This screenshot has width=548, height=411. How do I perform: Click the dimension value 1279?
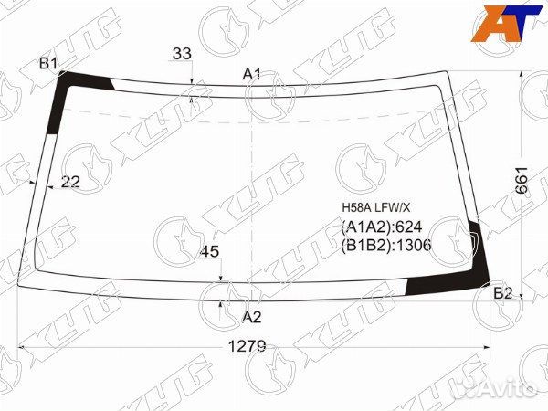[247, 346]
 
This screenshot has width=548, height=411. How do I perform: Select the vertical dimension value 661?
[522, 180]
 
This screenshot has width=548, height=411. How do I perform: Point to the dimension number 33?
[182, 54]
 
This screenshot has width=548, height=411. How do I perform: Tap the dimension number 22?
[70, 182]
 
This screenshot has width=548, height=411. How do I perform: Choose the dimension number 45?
[210, 251]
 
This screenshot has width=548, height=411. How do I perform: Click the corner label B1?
[48, 64]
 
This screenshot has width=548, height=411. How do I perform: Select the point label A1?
[252, 74]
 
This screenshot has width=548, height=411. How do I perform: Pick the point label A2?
[252, 317]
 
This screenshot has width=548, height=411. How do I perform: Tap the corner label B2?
[502, 293]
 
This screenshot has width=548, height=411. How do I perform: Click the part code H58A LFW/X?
[375, 208]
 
